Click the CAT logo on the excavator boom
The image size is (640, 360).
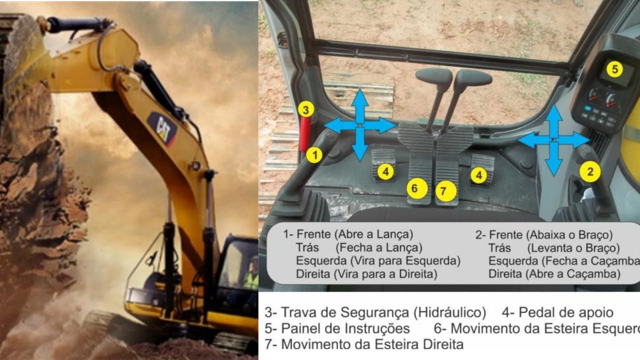[x=163, y=128]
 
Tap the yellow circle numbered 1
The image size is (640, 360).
[x=314, y=155]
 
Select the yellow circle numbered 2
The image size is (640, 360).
[x=590, y=172]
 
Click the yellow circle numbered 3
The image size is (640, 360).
[x=306, y=109]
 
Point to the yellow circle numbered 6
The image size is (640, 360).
[x=414, y=188]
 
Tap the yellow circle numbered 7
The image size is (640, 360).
[x=446, y=190]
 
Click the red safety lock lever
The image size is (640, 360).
[x=304, y=130]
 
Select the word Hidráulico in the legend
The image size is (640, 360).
[x=449, y=313]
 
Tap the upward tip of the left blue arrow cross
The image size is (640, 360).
[x=359, y=92]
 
